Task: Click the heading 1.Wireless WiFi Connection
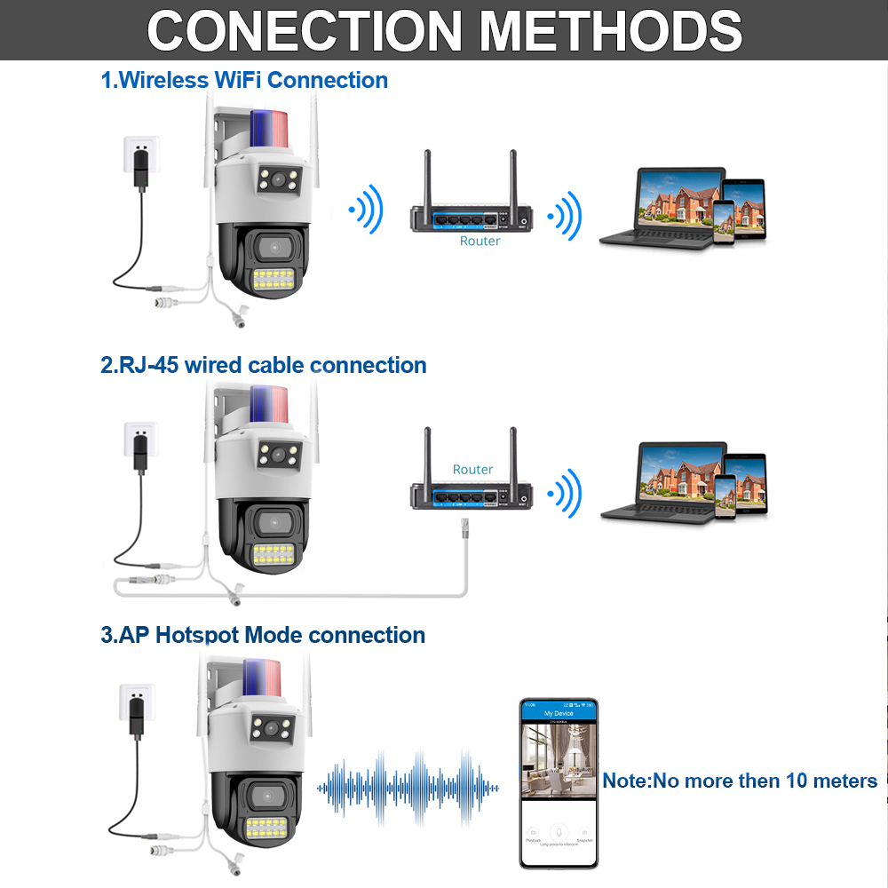pos(244,80)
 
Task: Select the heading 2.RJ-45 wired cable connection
pos(263,365)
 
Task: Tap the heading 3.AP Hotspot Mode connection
pos(262,635)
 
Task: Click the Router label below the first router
pos(480,241)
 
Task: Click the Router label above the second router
pos(472,469)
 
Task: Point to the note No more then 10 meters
pos(740,781)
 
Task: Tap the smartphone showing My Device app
pos(559,782)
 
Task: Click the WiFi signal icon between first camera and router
pos(366,210)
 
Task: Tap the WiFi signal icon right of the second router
pos(565,494)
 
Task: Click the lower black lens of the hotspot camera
pos(266,794)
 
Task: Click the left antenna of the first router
pos(426,178)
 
